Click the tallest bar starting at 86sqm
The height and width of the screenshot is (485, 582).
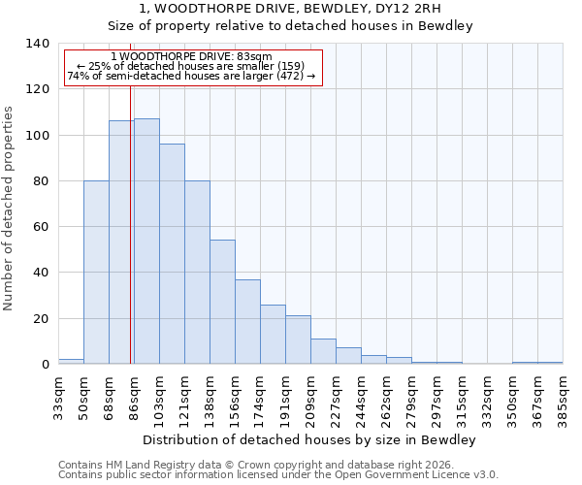[146, 242]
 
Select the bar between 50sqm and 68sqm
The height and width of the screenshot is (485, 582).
[96, 273]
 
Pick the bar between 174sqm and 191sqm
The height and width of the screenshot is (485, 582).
[273, 335]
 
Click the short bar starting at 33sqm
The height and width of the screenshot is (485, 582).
[71, 361]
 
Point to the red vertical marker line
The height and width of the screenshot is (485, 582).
[131, 242]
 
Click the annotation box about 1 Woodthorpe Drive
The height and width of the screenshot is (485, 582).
[192, 67]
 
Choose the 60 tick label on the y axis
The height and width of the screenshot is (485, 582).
[41, 227]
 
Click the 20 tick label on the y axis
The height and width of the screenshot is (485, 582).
[41, 318]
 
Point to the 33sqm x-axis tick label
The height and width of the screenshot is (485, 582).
[58, 398]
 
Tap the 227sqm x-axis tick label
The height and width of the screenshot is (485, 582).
[336, 398]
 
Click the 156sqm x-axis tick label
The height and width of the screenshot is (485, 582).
[235, 398]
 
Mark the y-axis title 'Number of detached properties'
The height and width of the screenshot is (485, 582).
[10, 209]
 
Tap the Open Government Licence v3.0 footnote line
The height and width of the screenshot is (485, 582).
[278, 475]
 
